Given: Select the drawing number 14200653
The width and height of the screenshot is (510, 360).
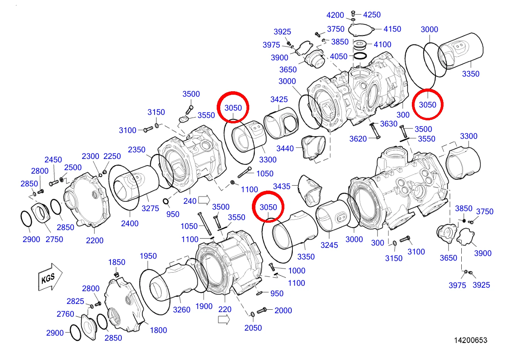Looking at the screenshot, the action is click(471, 340).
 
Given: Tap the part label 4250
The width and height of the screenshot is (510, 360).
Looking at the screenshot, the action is click(372, 15).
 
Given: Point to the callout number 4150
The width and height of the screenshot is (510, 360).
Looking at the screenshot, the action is click(392, 29).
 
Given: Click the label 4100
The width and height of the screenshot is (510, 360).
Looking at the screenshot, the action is click(382, 44).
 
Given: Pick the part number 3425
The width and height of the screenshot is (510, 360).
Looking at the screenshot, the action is click(279, 99).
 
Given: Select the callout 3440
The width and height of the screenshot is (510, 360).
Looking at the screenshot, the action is click(285, 148).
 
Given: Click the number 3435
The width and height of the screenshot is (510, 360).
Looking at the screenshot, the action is click(282, 186).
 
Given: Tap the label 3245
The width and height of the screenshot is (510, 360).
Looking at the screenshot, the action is click(329, 245).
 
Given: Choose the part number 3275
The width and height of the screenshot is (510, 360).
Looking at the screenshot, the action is click(150, 208).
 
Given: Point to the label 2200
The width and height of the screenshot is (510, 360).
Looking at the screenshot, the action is click(95, 241).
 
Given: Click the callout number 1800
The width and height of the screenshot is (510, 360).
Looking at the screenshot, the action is click(158, 330).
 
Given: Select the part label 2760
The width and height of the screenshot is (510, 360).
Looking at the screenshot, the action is click(65, 314).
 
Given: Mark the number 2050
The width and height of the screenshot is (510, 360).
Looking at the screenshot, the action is click(253, 328).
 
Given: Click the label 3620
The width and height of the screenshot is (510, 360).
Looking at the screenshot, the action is click(358, 139).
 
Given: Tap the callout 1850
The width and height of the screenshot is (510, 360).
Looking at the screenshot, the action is click(117, 262).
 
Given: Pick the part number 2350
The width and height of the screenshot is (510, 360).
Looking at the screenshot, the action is click(137, 150).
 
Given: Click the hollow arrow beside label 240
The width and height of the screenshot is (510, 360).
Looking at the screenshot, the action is click(204, 200).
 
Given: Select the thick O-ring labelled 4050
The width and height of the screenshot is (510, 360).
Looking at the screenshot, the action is click(360, 56).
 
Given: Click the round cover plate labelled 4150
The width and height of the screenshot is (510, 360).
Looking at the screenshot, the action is click(362, 29).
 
